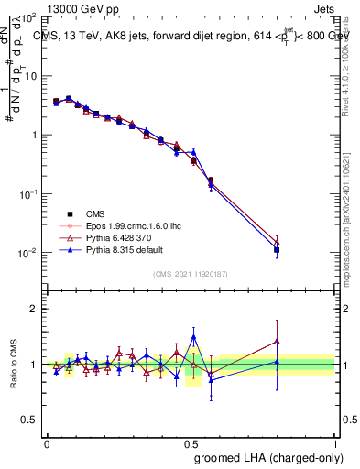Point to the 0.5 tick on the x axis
[191, 441]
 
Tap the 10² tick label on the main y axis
[30, 17]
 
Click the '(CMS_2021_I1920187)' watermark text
[191, 274]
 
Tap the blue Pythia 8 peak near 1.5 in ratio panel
[193, 337]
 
